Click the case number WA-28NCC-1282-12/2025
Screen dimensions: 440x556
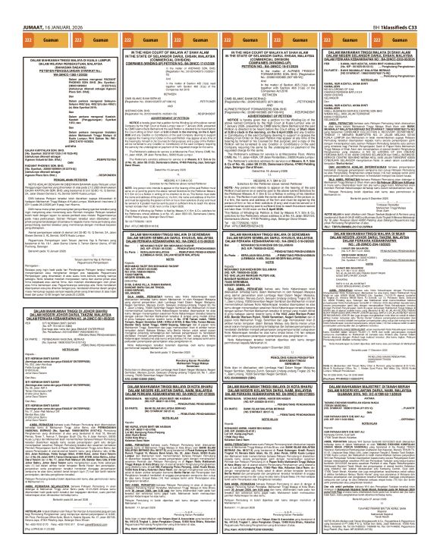click(55, 74)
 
